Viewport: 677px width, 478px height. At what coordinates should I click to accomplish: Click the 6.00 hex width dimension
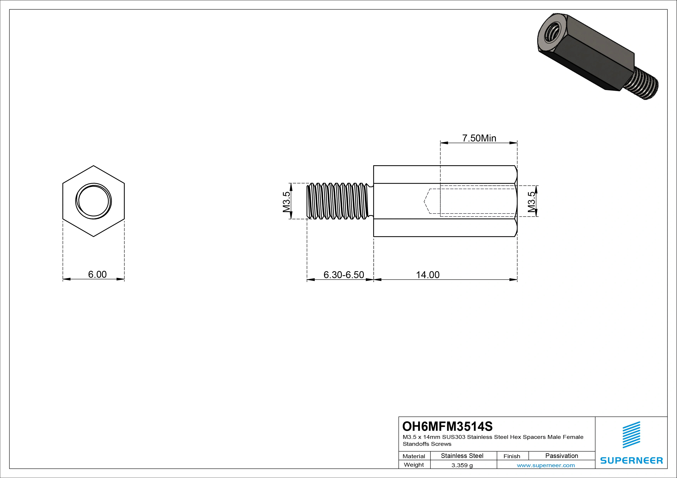(97, 274)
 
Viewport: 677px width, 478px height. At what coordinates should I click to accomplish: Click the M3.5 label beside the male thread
(286, 202)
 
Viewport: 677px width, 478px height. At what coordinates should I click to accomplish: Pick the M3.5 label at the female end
(531, 202)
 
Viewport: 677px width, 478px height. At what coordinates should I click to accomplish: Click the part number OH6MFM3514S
(447, 426)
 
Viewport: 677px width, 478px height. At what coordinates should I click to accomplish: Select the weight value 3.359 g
(462, 465)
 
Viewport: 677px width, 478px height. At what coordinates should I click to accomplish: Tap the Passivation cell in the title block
(561, 456)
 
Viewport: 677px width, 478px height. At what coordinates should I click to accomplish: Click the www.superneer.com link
(546, 465)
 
